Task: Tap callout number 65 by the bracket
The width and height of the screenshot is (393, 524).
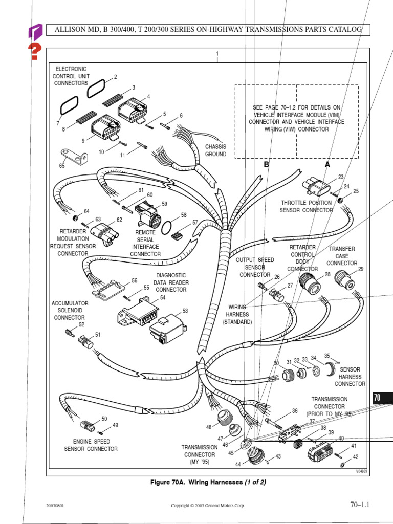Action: (62, 166)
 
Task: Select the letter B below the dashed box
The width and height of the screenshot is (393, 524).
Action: (266, 165)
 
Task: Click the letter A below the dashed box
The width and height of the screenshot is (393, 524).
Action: (327, 165)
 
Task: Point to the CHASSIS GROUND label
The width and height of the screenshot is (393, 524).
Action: (215, 150)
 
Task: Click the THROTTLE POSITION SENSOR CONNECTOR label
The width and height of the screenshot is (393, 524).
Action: (307, 206)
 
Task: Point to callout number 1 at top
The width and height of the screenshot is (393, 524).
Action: (217, 54)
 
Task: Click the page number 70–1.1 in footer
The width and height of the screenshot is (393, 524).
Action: (359, 505)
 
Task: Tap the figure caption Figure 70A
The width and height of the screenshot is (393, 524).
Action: (208, 482)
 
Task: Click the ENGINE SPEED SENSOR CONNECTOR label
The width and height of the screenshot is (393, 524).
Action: (91, 445)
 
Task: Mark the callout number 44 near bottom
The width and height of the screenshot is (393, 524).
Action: (238, 464)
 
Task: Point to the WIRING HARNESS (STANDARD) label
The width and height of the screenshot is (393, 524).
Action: (237, 315)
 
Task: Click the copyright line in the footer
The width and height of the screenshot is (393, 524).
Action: (208, 506)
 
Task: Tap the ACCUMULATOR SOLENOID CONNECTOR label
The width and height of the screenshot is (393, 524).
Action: (70, 310)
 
